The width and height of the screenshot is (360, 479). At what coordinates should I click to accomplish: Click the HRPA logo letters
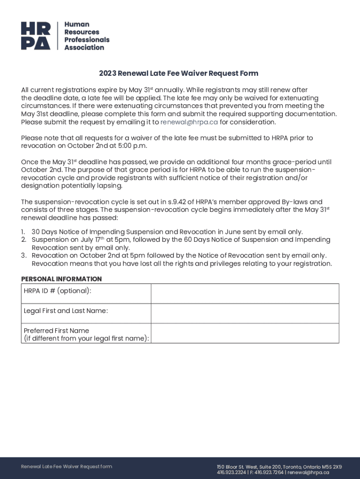click(x=36, y=36)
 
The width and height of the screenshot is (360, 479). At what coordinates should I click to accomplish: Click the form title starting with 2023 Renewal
click(x=178, y=73)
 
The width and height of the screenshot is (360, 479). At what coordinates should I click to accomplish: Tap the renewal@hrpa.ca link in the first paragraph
click(x=189, y=122)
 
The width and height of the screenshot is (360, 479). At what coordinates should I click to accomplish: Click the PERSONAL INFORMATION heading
click(x=61, y=279)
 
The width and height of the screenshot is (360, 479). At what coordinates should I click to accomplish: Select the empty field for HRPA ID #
click(x=245, y=294)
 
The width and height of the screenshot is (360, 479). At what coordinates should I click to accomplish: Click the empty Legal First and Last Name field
click(x=245, y=313)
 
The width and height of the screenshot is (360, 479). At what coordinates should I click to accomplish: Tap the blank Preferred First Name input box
click(x=245, y=333)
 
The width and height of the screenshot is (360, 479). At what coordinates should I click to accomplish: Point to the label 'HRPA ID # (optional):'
click(x=58, y=291)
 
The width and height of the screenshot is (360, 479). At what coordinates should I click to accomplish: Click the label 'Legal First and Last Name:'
click(x=66, y=311)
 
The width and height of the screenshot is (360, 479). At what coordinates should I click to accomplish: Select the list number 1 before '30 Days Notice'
click(x=23, y=232)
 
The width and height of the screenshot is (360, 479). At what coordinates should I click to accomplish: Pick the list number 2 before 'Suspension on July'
click(x=23, y=239)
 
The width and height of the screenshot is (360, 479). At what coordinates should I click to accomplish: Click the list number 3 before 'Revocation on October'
click(x=23, y=255)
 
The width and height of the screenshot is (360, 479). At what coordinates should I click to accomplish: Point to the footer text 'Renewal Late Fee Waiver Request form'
click(x=67, y=466)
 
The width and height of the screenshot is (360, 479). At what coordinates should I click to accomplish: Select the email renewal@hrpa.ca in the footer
click(x=308, y=472)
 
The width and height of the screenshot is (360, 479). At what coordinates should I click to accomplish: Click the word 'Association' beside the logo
click(x=84, y=47)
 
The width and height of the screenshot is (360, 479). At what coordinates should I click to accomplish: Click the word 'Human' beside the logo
click(x=77, y=24)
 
